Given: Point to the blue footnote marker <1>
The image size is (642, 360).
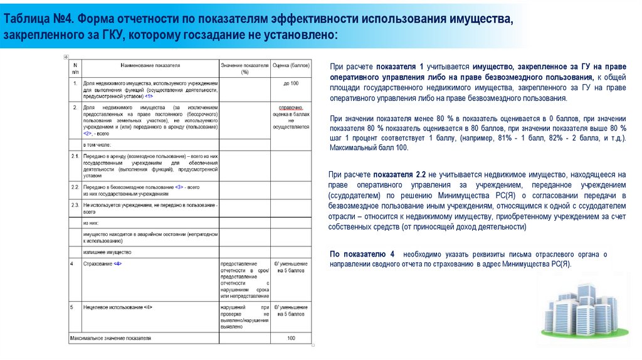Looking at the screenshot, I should (149, 97).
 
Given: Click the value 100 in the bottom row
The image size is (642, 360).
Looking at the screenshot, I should (291, 338).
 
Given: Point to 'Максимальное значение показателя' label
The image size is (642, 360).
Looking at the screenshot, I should (110, 338).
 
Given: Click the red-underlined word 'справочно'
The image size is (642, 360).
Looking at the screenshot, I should (291, 108).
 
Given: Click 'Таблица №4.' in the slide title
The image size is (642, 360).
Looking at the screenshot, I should (38, 19).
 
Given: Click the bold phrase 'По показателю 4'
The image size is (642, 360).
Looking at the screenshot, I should (362, 254).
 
